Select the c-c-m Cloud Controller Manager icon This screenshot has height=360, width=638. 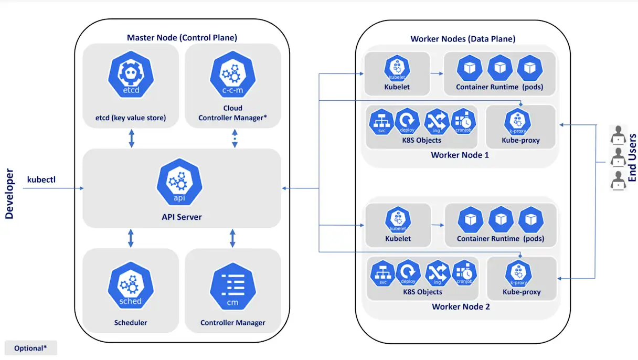tap(232, 77)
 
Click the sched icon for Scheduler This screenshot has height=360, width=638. tap(130, 286)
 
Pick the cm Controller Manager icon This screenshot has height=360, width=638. tap(232, 287)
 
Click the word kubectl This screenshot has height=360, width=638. tap(41, 180)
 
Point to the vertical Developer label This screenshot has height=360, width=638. tap(9, 194)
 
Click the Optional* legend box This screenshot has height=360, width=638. tap(30, 348)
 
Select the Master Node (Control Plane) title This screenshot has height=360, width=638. tap(182, 38)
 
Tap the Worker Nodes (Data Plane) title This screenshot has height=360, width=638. tap(462, 39)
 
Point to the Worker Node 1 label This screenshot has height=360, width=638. tap(460, 155)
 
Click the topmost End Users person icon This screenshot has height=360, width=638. tap(618, 135)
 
